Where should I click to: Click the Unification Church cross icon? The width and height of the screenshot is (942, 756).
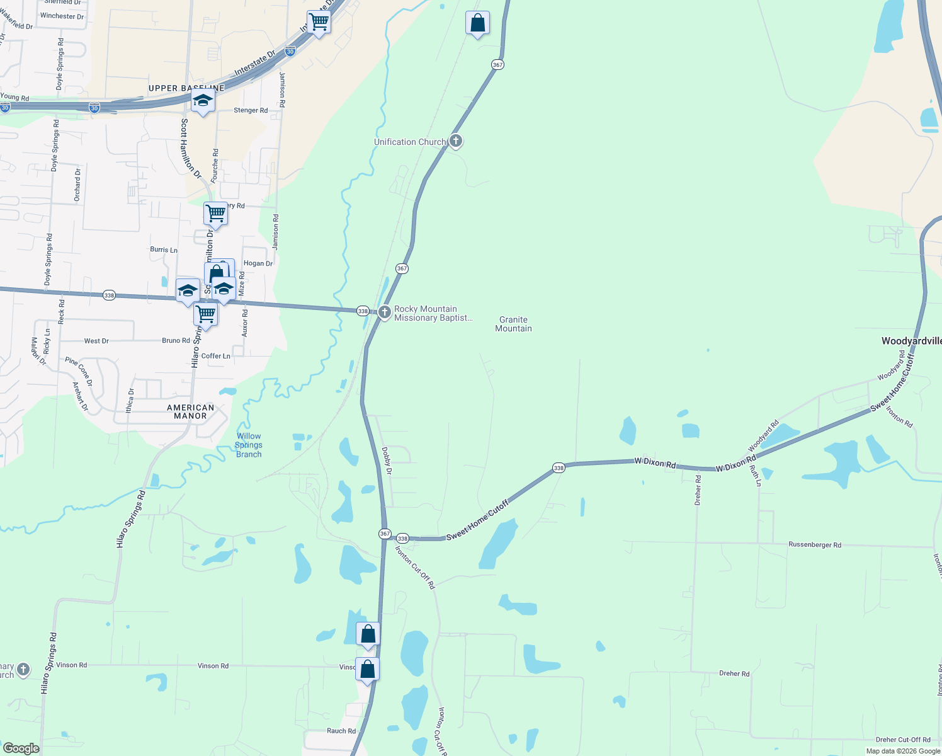[455, 141]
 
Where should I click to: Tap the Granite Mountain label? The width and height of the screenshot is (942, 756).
[513, 324]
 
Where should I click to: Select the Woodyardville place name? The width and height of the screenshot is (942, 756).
[911, 341]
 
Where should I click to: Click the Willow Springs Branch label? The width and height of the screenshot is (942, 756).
[249, 445]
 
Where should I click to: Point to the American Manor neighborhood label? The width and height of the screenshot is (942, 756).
[190, 411]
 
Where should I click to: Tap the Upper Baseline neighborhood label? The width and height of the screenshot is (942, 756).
[186, 88]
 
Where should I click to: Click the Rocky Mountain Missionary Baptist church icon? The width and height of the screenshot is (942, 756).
[384, 312]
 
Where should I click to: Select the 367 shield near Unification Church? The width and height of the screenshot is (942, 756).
[497, 64]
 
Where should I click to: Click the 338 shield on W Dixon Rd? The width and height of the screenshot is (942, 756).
[559, 467]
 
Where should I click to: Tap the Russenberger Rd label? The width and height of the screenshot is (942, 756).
[814, 544]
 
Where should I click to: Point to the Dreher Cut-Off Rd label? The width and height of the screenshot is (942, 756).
[902, 740]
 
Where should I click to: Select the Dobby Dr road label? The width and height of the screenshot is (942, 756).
[387, 461]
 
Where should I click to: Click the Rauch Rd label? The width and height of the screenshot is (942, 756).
[341, 731]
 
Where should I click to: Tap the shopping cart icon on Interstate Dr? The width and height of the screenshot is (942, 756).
[319, 22]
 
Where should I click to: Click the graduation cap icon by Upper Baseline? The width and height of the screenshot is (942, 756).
[202, 101]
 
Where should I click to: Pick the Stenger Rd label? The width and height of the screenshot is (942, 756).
[251, 110]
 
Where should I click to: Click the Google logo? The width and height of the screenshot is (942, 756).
[21, 748]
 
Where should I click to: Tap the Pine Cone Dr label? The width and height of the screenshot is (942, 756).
[79, 371]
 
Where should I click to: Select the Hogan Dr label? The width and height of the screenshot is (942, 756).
[258, 263]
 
